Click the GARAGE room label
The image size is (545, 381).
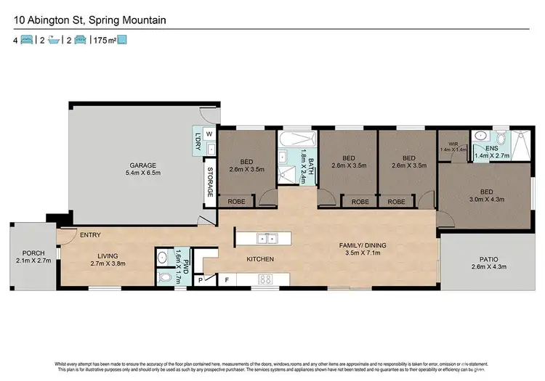(x=143, y=165)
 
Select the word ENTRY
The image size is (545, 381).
(x=91, y=234)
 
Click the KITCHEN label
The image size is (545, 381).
(x=260, y=259)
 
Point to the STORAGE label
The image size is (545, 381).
(x=210, y=182)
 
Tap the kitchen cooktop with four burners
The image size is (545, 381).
(x=265, y=279)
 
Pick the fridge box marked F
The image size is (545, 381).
(x=227, y=279)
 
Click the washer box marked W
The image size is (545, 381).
(x=209, y=134)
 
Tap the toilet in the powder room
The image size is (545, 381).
(x=163, y=277)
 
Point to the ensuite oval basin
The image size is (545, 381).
(x=480, y=136)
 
